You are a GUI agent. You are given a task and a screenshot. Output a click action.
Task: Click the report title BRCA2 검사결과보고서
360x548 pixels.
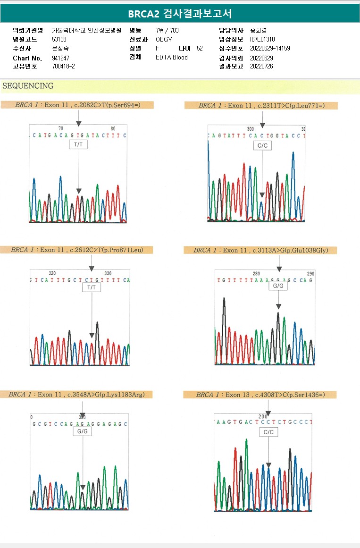[x=180, y=14]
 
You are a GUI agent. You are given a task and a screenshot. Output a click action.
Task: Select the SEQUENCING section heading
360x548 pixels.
[x=28, y=86]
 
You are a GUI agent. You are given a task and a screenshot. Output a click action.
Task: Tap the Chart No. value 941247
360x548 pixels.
[x=60, y=58]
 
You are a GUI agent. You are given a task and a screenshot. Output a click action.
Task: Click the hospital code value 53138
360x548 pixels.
[x=59, y=39]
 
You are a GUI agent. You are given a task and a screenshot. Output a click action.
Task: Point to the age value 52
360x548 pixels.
[x=200, y=48]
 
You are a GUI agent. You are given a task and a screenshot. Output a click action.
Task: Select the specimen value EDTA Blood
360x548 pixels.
[x=172, y=58]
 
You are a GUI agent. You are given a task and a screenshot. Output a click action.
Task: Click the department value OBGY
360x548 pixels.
[x=164, y=39]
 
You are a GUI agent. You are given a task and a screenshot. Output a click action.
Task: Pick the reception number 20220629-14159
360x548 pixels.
[x=270, y=49]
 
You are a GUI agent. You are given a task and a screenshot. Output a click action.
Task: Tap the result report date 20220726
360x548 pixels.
[x=261, y=67]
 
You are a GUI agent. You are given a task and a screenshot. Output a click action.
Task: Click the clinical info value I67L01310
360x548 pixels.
[x=262, y=40]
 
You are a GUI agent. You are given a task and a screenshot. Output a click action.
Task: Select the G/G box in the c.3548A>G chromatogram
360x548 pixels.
[x=83, y=432]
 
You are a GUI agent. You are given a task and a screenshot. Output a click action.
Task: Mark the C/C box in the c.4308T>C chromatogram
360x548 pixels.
[x=268, y=432]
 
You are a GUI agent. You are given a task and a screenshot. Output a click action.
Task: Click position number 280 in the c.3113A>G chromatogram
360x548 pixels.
[x=256, y=274]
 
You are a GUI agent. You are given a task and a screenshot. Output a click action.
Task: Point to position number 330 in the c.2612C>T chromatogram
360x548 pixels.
[x=108, y=274]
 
